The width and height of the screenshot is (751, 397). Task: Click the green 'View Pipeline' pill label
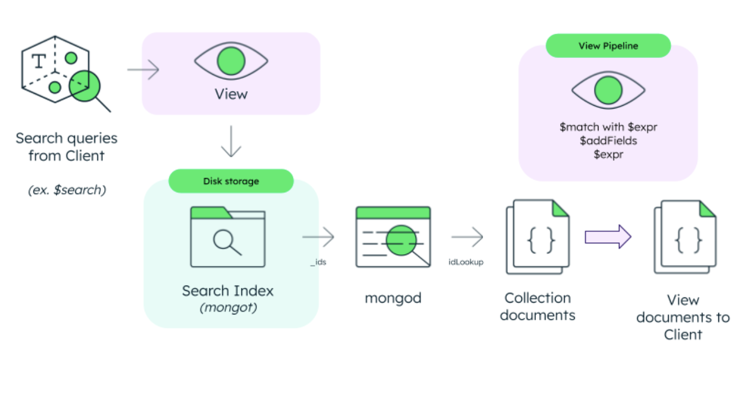608,46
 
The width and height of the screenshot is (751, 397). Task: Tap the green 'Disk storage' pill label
231,181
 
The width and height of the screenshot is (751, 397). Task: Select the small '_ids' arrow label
318,262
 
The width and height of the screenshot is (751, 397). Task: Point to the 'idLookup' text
466,262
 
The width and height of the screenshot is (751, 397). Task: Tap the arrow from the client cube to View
143,70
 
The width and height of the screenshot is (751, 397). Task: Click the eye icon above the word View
231,60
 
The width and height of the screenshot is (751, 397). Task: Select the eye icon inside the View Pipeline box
608,90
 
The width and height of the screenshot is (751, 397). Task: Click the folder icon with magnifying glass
227,237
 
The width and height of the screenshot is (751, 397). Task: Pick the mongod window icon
393,237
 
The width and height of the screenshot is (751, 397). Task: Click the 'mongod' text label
393,297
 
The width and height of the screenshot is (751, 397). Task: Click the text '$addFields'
608,141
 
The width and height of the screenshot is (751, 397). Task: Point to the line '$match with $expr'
608,127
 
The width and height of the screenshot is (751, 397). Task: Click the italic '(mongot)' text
227,308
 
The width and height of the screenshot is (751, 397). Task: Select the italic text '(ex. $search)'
66,190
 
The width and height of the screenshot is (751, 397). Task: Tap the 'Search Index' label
227,291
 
